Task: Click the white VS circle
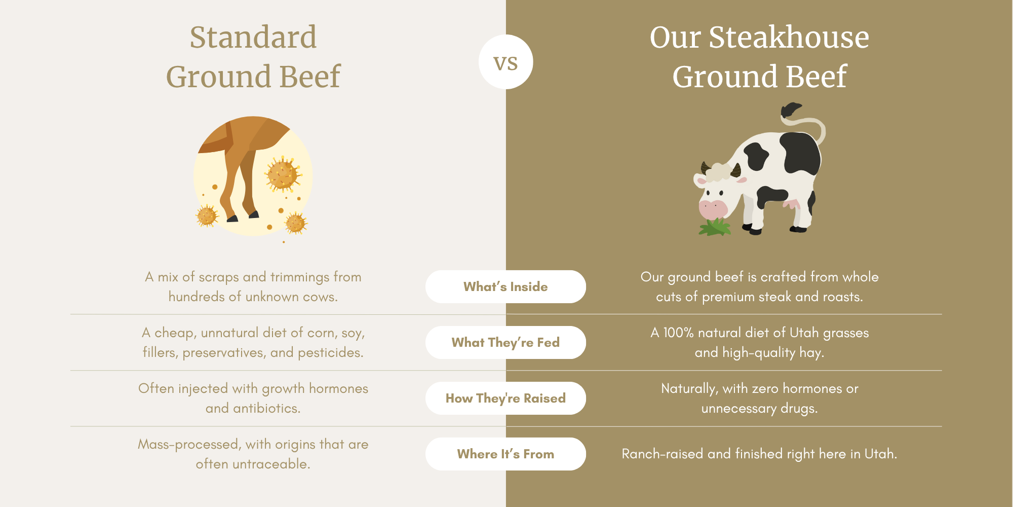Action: pyautogui.click(x=505, y=62)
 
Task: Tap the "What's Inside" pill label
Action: pyautogui.click(x=505, y=286)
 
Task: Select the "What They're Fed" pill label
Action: pyautogui.click(x=505, y=342)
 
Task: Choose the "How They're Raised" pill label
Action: pyautogui.click(x=505, y=398)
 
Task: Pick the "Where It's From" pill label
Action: pyautogui.click(x=505, y=454)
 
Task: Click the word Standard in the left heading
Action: pyautogui.click(x=253, y=37)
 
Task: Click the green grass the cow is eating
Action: pyautogui.click(x=715, y=227)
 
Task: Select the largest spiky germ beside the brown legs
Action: pyautogui.click(x=283, y=174)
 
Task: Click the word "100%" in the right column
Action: pyautogui.click(x=678, y=333)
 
